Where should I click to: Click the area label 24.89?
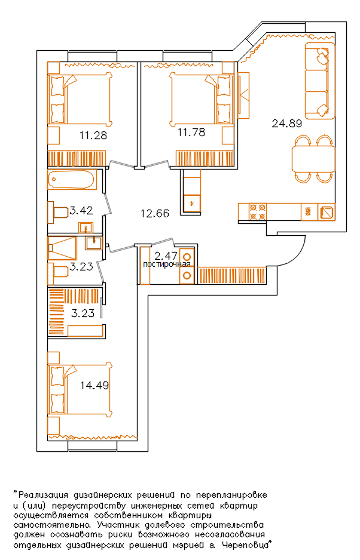(287, 124)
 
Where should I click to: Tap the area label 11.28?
(93, 136)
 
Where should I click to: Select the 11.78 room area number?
(191, 133)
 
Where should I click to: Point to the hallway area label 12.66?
(155, 214)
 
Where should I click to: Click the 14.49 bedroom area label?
(94, 386)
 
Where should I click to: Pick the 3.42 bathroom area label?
(81, 210)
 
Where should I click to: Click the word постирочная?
(167, 264)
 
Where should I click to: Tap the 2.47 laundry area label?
(166, 256)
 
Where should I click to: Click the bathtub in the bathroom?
(72, 179)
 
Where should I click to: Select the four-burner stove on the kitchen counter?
(258, 212)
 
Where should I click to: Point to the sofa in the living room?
(320, 81)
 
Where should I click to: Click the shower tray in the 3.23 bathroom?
(62, 248)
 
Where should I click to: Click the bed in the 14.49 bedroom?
(81, 390)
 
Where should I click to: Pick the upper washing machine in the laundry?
(187, 257)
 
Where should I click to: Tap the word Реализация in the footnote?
(43, 496)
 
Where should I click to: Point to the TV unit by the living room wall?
(243, 96)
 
